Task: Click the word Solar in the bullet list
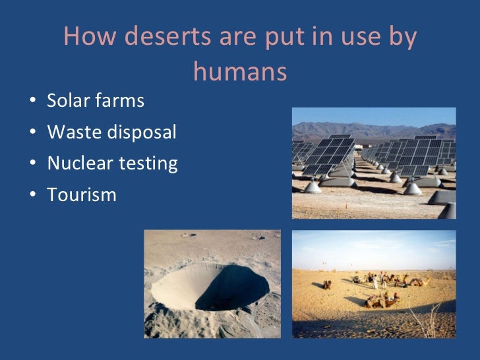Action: pos(68,102)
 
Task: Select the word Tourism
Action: pos(82,195)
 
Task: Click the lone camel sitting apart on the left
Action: pos(328,285)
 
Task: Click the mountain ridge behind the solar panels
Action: pos(369,129)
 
